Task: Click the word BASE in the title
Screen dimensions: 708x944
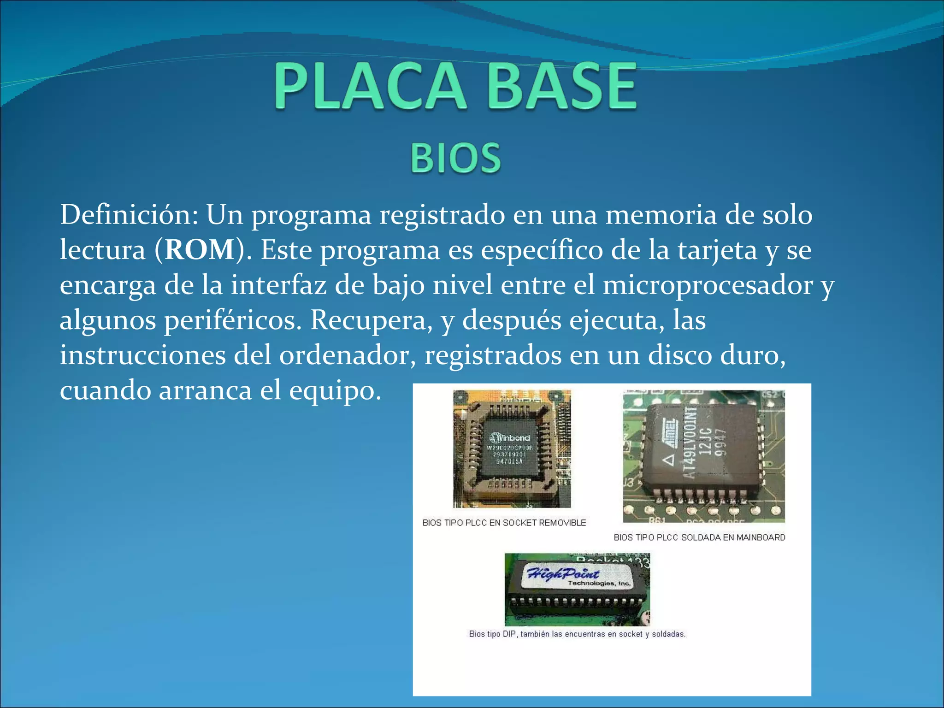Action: coord(562,87)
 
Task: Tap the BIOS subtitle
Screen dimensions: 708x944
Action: coord(455,158)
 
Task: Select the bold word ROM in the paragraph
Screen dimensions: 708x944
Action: coord(200,250)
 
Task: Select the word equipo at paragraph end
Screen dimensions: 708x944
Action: coord(335,391)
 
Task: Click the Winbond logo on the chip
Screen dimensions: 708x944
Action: coord(510,437)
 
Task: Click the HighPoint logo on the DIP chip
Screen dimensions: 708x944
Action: coord(563,573)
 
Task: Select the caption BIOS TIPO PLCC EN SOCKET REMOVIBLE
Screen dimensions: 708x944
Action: coord(504,523)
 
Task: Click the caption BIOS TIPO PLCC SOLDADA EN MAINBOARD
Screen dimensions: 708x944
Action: coord(699,537)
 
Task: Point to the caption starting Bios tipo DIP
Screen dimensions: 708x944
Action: coord(577,634)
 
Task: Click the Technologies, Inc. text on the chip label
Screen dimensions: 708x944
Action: coord(598,584)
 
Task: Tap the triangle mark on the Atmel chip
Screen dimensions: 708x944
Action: coord(668,459)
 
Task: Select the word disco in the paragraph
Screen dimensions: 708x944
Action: coord(680,355)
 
